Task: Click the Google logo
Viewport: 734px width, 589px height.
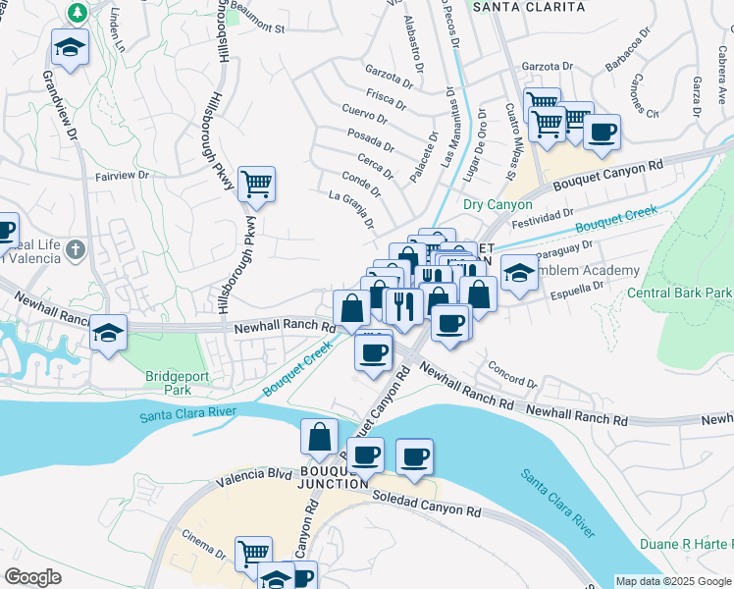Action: coord(32,577)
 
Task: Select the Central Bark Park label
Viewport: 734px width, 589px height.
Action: coord(680,293)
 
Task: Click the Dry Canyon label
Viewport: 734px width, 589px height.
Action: coord(498,205)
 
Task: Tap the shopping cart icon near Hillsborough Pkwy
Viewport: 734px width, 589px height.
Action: coord(256,184)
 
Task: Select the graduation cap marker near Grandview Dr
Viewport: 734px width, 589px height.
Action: coord(70,47)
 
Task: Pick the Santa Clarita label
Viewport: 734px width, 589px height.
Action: coord(529,7)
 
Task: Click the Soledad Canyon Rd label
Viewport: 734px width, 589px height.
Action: coord(426,505)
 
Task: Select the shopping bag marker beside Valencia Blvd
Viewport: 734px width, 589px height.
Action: coord(320,436)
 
